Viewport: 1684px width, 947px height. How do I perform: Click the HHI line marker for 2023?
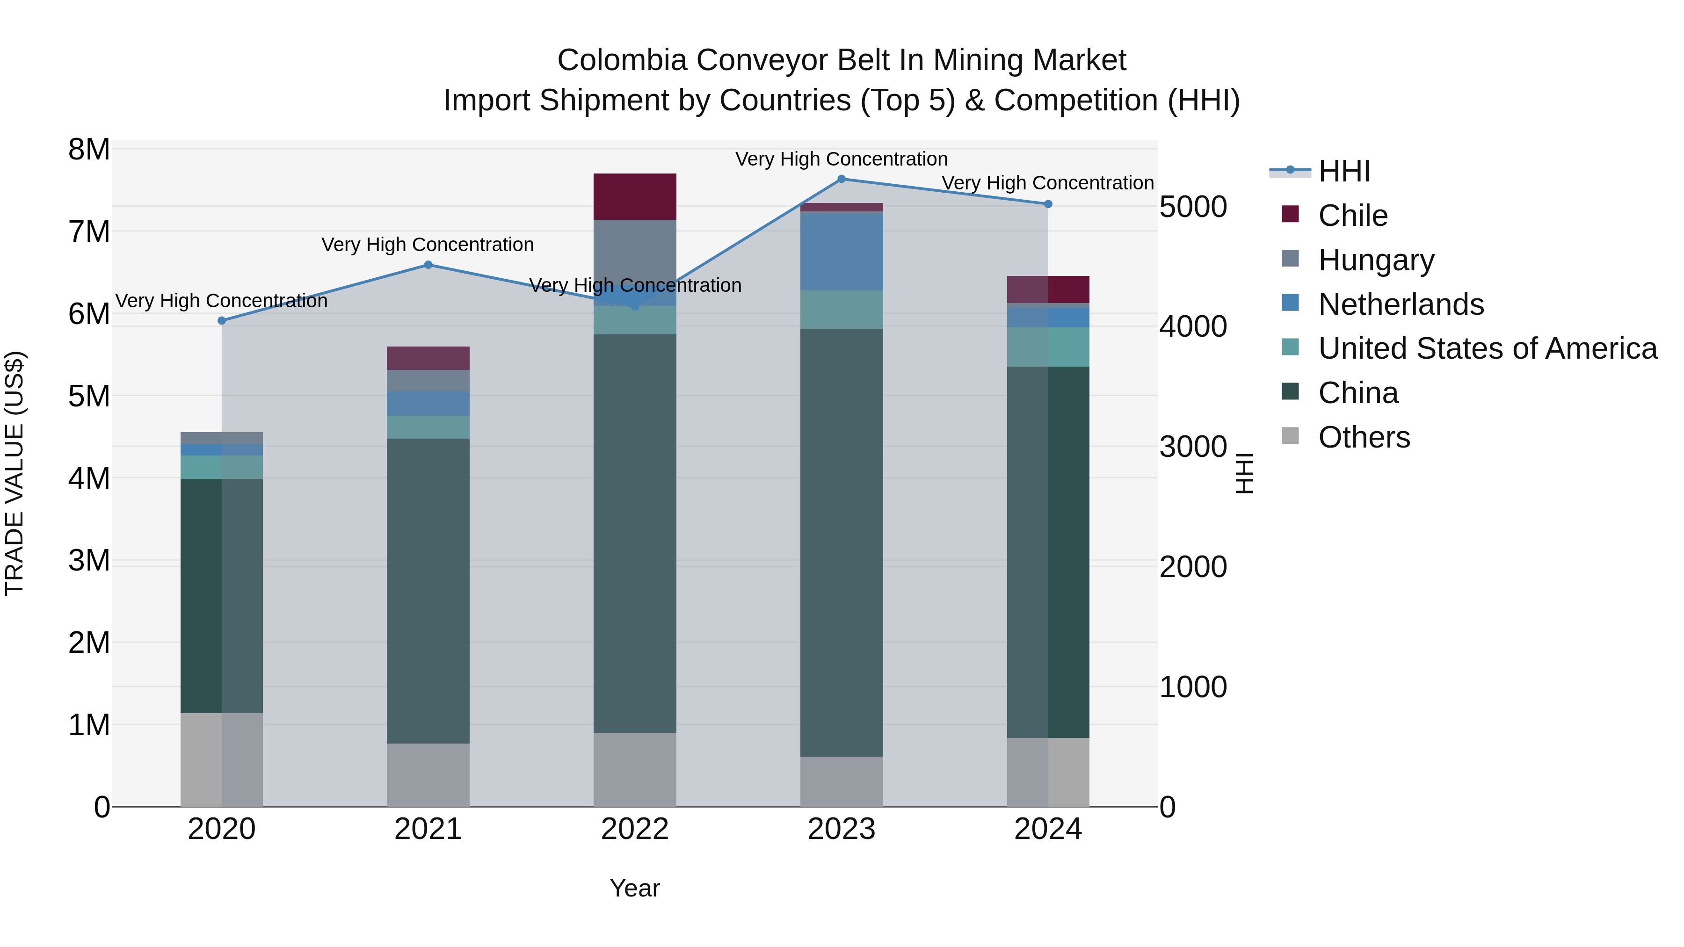click(x=842, y=179)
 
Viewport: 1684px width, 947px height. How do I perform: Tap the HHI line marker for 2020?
click(x=222, y=321)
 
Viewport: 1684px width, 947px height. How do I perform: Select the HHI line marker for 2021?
click(x=428, y=265)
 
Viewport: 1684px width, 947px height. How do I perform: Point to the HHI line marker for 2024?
click(x=1048, y=204)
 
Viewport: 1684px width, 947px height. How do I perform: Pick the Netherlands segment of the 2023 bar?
click(x=842, y=252)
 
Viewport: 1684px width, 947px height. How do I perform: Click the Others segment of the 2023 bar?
click(x=842, y=781)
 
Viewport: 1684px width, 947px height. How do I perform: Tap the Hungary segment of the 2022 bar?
click(x=634, y=252)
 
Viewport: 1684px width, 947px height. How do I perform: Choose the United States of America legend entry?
click(x=1487, y=348)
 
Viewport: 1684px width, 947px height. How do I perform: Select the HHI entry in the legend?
click(x=1343, y=171)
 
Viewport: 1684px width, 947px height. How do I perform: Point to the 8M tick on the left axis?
click(x=89, y=150)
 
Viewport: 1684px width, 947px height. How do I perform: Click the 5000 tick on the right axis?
click(x=1193, y=207)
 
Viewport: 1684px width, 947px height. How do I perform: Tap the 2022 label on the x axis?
click(x=634, y=829)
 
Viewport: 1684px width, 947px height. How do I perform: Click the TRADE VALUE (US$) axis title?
click(x=15, y=473)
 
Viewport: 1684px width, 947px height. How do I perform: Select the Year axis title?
click(x=634, y=888)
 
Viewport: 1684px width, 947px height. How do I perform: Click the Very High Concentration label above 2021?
click(x=428, y=245)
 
